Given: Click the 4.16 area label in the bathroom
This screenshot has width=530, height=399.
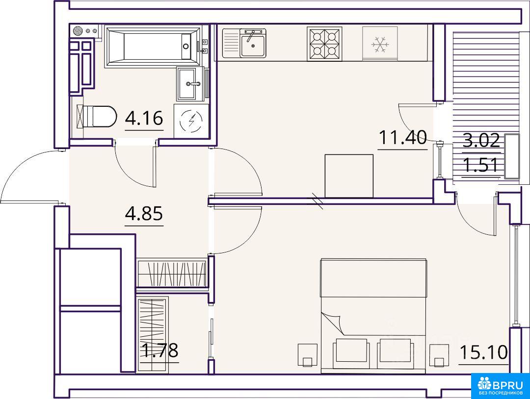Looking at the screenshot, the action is click(144, 118).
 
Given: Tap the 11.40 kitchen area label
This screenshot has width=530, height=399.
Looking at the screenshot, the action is click(402, 137).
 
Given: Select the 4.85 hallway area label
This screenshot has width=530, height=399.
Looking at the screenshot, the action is click(144, 213).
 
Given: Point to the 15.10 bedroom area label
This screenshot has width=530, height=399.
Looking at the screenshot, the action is click(484, 352).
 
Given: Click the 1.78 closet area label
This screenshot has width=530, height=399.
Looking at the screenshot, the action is click(159, 350).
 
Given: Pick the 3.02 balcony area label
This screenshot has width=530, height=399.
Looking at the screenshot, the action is click(481, 140).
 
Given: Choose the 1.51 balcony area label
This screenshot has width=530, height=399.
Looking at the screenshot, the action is click(480, 165).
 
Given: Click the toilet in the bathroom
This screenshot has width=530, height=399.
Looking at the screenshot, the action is click(97, 117).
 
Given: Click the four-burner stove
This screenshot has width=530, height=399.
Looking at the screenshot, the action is click(324, 44).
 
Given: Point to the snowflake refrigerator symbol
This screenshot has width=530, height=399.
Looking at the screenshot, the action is click(380, 44).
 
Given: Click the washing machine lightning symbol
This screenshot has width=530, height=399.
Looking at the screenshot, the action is click(191, 121).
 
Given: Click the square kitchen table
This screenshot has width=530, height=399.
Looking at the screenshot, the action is click(349, 176).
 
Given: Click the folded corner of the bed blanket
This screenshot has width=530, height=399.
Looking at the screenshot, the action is click(333, 323).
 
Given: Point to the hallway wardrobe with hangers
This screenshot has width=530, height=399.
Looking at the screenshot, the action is click(172, 273).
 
